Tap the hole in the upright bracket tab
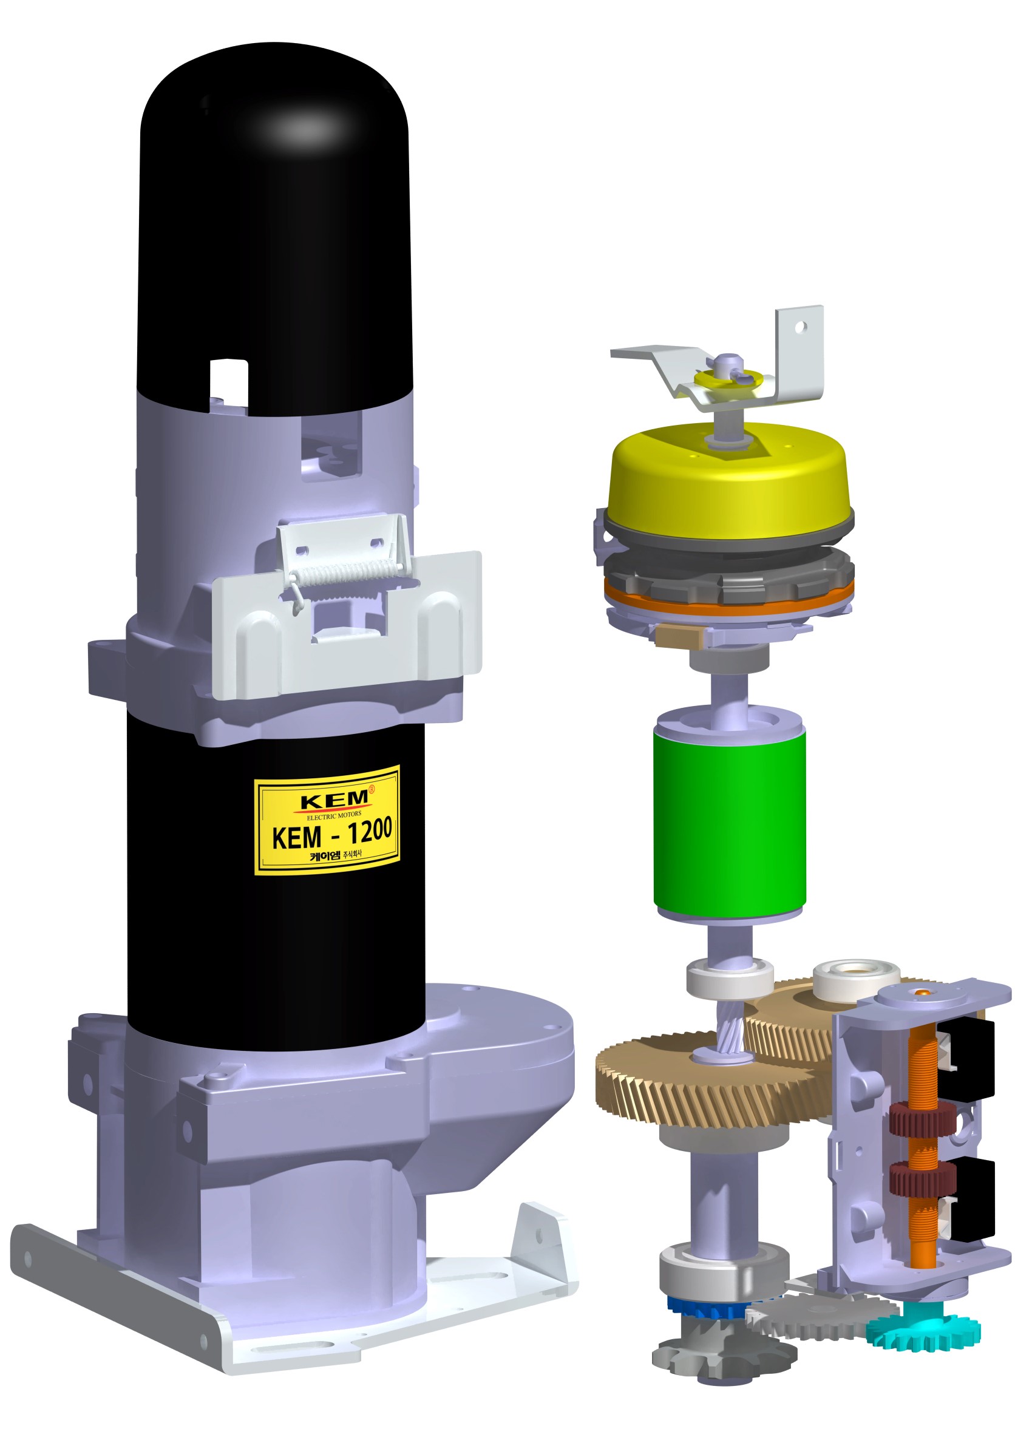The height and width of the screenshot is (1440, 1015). point(800,327)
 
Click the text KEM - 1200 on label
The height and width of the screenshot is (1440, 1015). point(331,834)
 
